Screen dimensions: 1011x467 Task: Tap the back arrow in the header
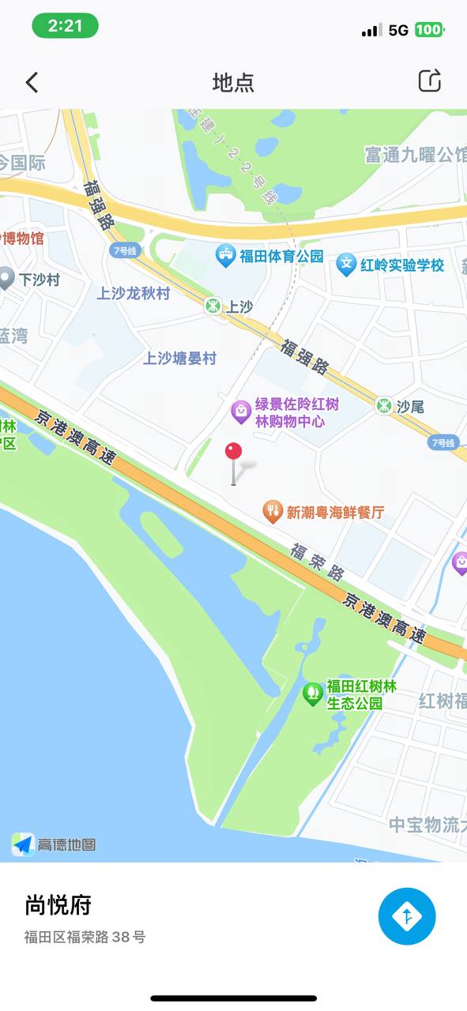(x=32, y=82)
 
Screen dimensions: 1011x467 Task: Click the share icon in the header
(x=429, y=81)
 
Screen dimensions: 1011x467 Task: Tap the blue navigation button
(x=407, y=916)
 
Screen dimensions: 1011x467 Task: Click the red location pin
(x=233, y=453)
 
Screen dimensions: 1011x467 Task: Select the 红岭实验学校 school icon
(x=346, y=264)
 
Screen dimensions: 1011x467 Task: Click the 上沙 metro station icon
(x=212, y=306)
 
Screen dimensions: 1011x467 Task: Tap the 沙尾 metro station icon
(x=384, y=406)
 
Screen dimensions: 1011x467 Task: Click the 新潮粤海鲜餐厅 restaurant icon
(x=273, y=512)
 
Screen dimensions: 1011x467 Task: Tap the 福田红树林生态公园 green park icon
(x=313, y=693)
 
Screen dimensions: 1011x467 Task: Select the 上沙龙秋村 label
(x=134, y=293)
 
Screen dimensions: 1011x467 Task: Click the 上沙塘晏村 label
(x=179, y=358)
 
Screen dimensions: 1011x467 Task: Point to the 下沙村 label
(x=40, y=280)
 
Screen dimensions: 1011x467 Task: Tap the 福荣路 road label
(x=317, y=562)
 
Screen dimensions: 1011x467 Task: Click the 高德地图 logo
(x=54, y=844)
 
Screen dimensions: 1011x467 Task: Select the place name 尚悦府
(x=58, y=905)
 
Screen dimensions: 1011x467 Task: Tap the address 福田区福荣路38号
(x=85, y=938)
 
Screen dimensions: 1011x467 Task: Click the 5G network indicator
(x=398, y=30)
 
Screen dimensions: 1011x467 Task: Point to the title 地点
(x=233, y=82)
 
